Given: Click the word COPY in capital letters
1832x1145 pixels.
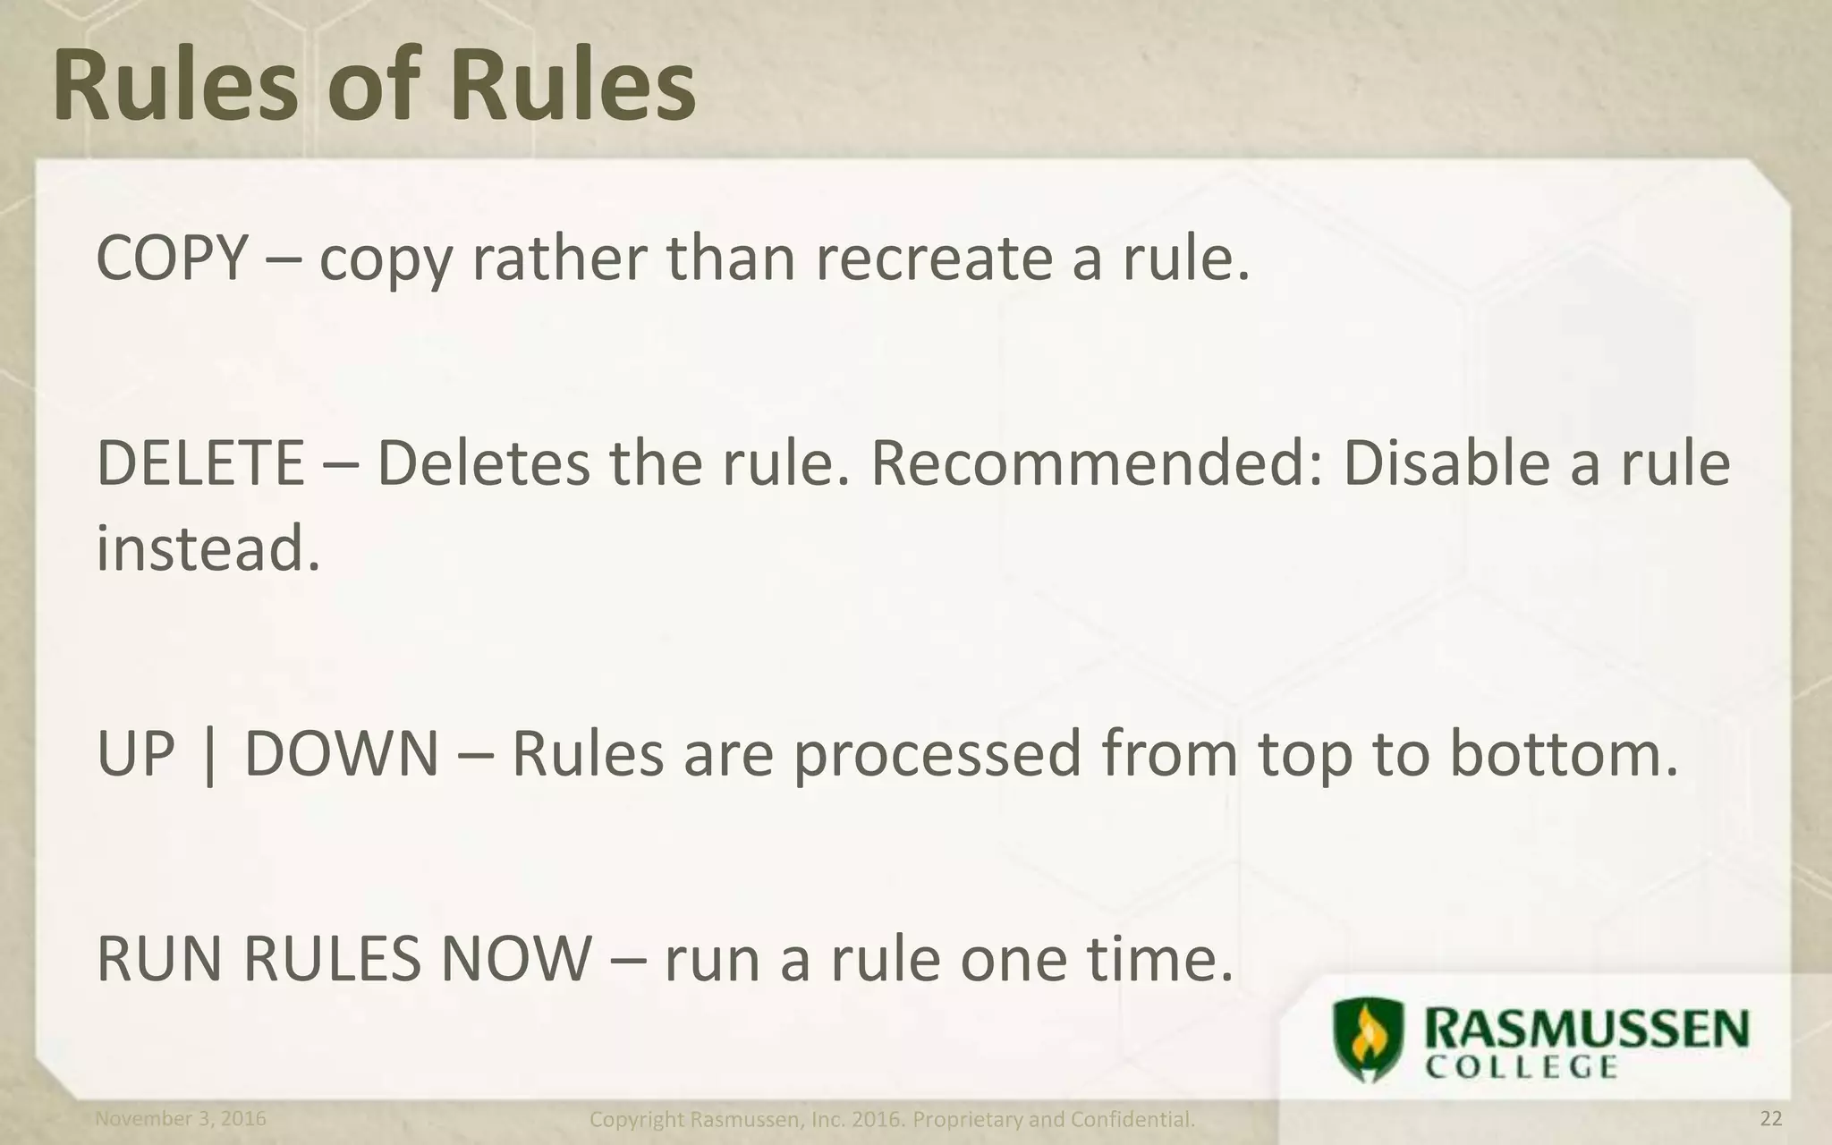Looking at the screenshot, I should (170, 259).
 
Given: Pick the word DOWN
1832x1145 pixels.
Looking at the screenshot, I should (341, 753).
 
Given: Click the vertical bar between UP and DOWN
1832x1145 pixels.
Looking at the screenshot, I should (209, 756).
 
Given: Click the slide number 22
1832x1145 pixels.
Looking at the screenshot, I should (1770, 1118).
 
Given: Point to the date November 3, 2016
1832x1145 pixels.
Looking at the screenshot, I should (181, 1118).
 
